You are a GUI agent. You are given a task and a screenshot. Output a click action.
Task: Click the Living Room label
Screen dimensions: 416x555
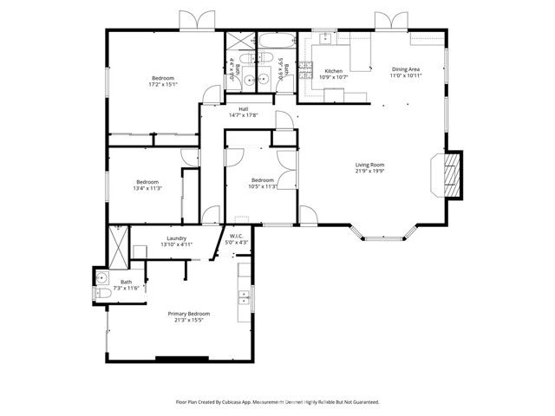(369, 165)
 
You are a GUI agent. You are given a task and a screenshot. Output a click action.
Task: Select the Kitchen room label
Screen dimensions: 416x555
(334, 71)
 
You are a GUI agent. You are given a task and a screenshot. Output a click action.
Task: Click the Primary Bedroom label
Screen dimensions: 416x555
(188, 314)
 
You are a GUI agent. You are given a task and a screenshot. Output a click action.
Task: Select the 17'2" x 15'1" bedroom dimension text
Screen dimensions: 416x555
(163, 85)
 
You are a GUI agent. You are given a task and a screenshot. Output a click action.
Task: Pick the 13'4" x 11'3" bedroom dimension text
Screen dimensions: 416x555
(147, 188)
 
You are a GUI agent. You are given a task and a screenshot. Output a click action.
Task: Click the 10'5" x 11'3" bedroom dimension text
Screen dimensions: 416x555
(262, 185)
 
